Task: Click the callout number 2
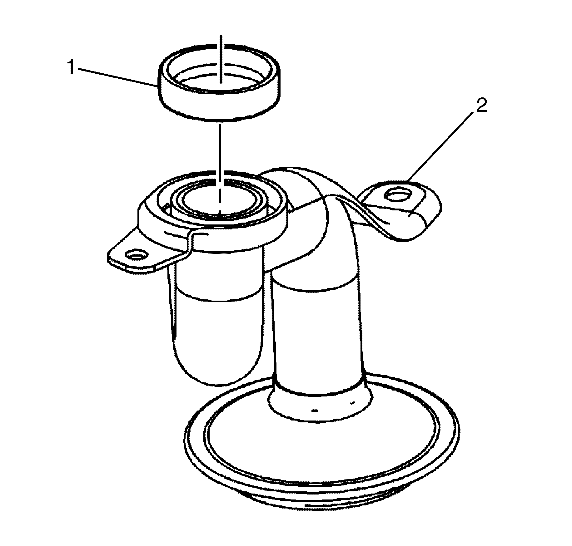pyautogui.click(x=481, y=106)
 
